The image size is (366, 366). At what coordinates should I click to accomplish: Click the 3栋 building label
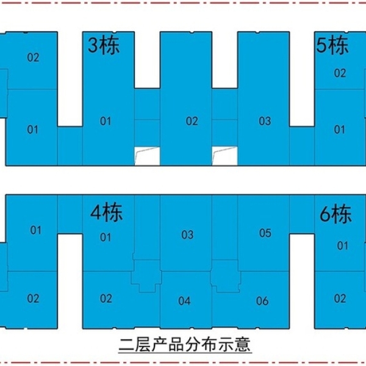point(104,45)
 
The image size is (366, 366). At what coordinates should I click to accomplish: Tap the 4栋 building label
point(106,212)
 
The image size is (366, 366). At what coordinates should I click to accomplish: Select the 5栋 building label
point(332,45)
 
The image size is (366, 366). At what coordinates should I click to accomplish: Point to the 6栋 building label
point(335,213)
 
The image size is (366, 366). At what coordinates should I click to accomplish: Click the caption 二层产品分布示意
point(185,343)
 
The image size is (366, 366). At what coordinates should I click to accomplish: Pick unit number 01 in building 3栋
point(106,121)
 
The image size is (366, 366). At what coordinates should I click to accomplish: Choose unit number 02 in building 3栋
point(192,121)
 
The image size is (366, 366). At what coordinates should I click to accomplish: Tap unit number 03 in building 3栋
point(265,121)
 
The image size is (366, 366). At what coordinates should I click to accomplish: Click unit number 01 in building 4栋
point(106,237)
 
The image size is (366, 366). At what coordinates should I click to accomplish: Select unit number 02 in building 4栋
point(106,298)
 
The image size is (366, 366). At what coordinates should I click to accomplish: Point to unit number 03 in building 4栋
point(187,235)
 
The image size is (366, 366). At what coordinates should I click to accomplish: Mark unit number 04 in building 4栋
point(184,301)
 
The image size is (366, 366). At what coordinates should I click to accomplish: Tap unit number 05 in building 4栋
point(265,233)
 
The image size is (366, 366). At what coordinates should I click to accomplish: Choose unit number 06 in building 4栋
point(262,301)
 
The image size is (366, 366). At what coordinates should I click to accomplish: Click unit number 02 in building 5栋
point(340,73)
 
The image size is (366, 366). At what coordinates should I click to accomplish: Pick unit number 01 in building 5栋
point(339,129)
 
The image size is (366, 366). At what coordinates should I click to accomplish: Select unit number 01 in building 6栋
point(343,246)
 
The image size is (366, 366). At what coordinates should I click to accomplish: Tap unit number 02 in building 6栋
point(340,298)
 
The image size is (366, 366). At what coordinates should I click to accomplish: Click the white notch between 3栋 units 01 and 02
point(147,156)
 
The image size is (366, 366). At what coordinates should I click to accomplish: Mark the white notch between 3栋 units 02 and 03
point(224,156)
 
